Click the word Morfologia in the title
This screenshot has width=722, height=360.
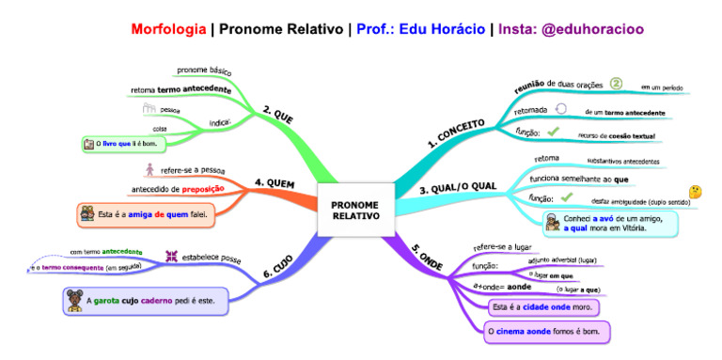click(169, 29)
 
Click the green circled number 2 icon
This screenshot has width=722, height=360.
click(617, 84)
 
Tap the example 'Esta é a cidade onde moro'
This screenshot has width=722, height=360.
click(543, 306)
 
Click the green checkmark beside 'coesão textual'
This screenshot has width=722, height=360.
click(553, 132)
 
